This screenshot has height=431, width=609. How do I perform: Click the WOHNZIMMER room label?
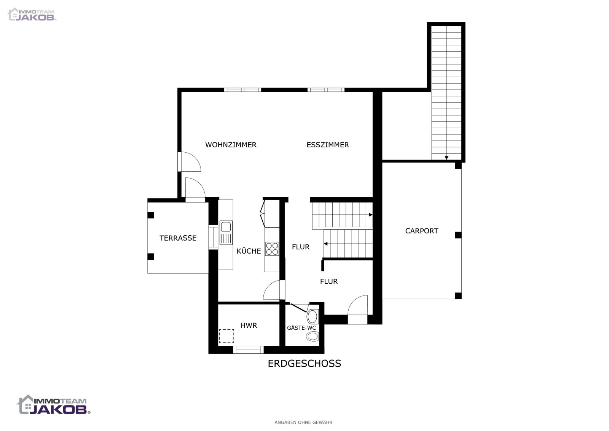231,145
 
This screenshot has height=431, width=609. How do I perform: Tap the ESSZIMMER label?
328,145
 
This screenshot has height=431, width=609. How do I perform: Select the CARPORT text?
422,231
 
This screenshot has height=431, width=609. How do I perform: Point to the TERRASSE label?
178,238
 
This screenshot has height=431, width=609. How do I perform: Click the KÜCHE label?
249,251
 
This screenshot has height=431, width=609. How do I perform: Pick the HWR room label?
249,326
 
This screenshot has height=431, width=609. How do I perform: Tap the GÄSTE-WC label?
301,328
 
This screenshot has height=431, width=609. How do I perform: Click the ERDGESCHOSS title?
304,364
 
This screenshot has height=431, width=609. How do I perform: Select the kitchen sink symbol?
226,233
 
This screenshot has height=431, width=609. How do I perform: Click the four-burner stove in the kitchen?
272,249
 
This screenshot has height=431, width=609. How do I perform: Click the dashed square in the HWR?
226,336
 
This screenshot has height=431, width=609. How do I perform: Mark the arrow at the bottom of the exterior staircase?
446,158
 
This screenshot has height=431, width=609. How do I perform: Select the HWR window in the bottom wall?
249,350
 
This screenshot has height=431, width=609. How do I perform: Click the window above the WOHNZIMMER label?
242,90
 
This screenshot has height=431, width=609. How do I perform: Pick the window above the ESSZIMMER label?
326,90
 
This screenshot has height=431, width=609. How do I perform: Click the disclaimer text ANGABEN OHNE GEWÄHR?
303,422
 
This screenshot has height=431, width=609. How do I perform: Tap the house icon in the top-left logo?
13,14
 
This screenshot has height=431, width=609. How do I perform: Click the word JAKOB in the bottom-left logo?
58,410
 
